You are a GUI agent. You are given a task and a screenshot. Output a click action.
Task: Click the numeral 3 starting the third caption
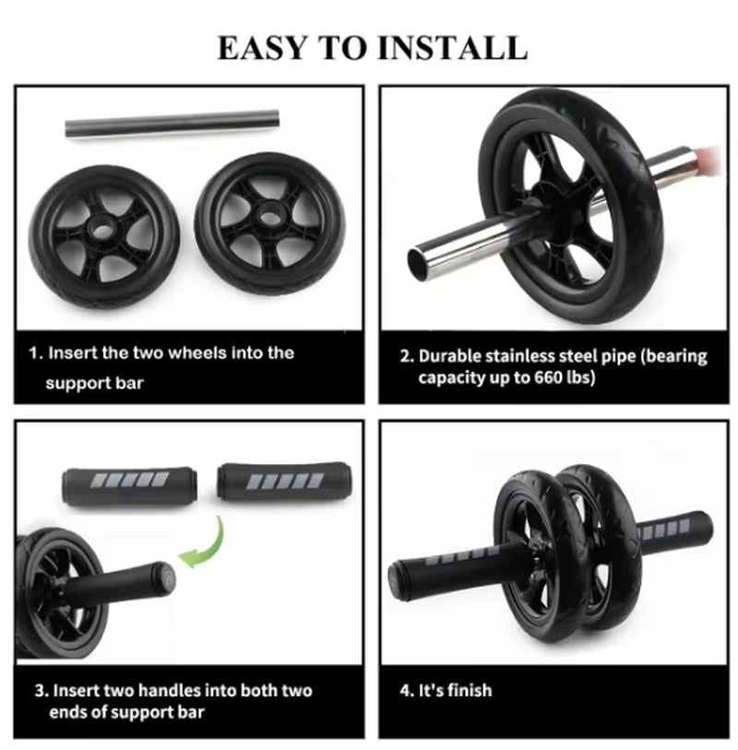[40, 690]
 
